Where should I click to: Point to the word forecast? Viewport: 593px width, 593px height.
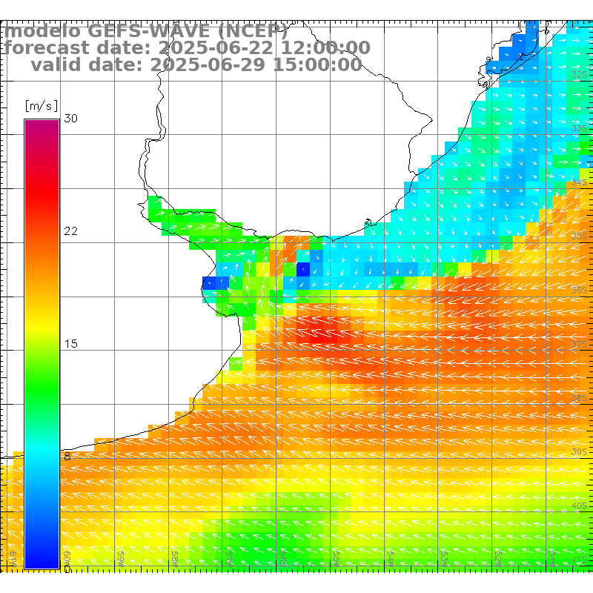coord(44,48)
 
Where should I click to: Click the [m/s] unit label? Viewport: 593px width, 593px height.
coord(41,105)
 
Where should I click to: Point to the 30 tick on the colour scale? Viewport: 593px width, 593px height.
coord(71,119)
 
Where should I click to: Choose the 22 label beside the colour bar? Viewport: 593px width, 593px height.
coord(71,231)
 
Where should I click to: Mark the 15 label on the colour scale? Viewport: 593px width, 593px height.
coord(71,344)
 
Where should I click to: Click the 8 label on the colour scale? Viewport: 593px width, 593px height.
coord(67,457)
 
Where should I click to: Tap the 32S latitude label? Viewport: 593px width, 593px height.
coord(580,75)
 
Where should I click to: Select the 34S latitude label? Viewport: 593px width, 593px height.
coord(580,182)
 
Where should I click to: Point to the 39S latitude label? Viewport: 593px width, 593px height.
coord(580,451)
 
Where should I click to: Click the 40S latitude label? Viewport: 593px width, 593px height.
coord(580,506)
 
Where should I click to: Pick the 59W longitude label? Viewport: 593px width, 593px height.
coord(121,556)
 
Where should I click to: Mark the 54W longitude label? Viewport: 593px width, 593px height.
coord(390,556)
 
